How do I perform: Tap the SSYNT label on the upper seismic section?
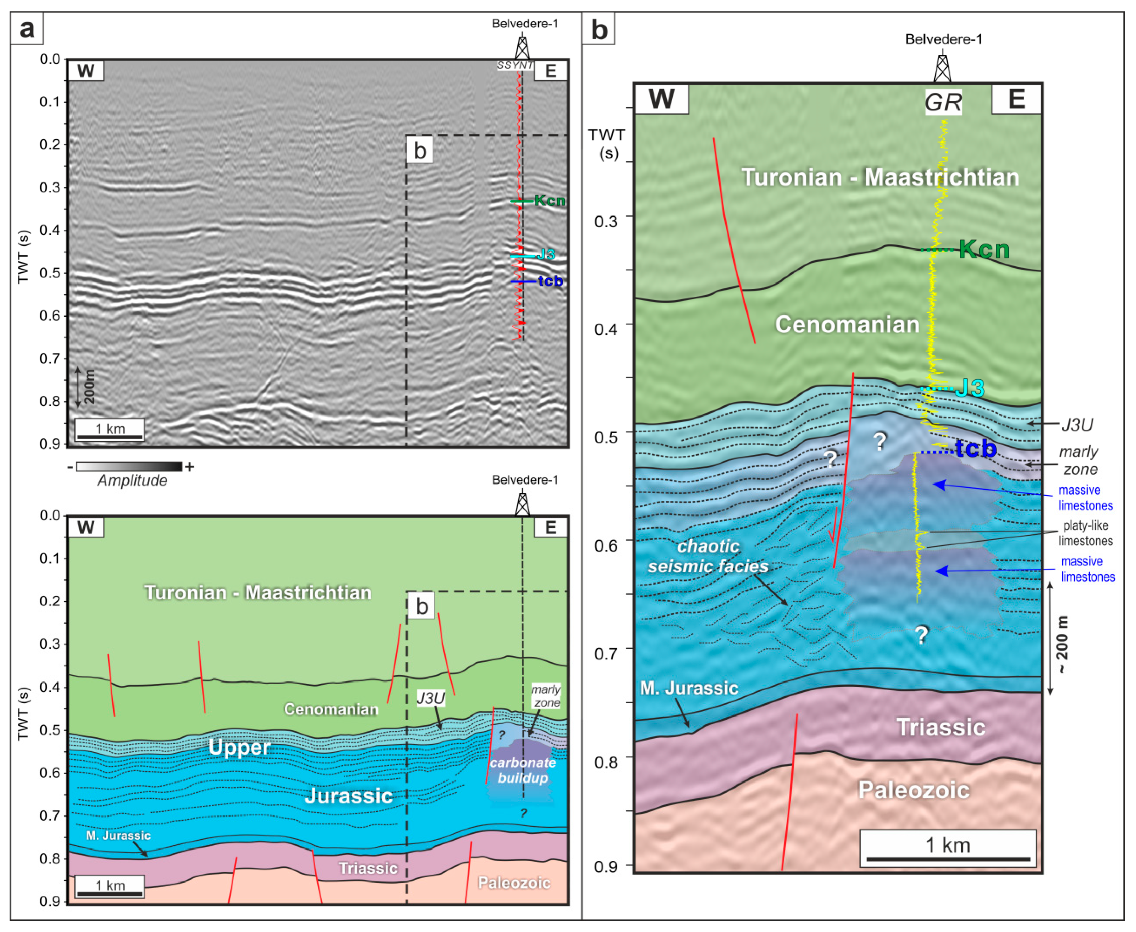pos(515,66)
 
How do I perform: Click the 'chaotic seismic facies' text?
pos(708,556)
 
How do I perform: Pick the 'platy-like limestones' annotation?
pos(1085,533)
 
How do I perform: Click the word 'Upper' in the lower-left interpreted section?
pos(239,747)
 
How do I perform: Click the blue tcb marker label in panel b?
pos(975,448)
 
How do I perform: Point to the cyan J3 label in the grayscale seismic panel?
pos(546,255)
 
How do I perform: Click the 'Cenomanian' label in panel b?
pos(847,324)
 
